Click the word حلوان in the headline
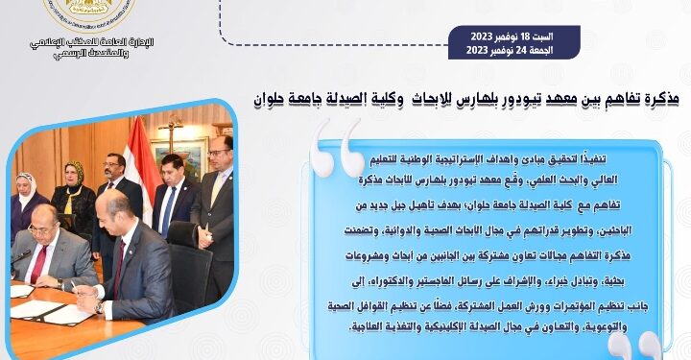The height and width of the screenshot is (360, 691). point(274,98)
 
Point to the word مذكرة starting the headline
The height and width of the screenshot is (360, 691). point(652,98)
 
